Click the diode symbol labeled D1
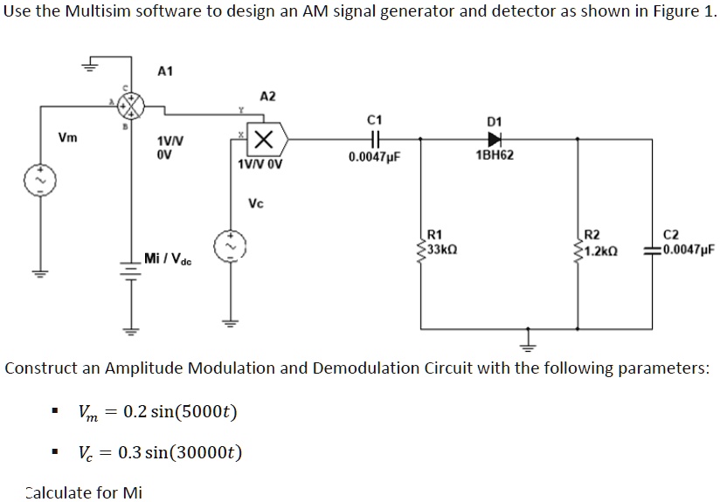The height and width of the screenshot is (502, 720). [495, 138]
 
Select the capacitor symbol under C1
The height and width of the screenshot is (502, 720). [375, 138]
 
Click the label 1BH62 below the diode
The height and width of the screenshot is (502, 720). [495, 155]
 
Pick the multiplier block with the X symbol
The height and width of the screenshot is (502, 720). [266, 138]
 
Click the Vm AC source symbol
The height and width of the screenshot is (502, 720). [40, 181]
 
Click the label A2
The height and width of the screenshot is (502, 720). [267, 96]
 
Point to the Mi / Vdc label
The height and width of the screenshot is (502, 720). [168, 259]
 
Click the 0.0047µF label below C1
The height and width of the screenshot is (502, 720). [373, 157]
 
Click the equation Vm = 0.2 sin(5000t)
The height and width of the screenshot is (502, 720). [157, 411]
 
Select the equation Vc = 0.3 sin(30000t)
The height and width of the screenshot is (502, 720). [160, 452]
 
